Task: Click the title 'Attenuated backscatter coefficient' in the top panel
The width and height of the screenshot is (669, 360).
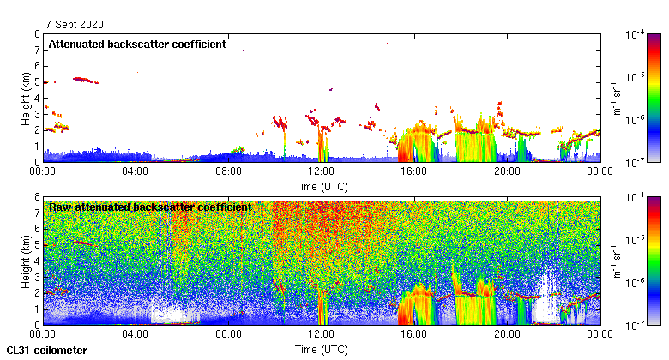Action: (137, 45)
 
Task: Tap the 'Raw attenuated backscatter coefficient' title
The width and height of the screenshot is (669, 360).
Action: (150, 207)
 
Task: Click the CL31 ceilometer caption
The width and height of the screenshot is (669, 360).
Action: (47, 351)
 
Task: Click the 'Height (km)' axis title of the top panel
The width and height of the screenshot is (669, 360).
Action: (27, 98)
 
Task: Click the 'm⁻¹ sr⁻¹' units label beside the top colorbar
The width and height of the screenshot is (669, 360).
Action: (616, 98)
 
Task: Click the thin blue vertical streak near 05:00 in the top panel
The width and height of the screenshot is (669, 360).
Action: (160, 111)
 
